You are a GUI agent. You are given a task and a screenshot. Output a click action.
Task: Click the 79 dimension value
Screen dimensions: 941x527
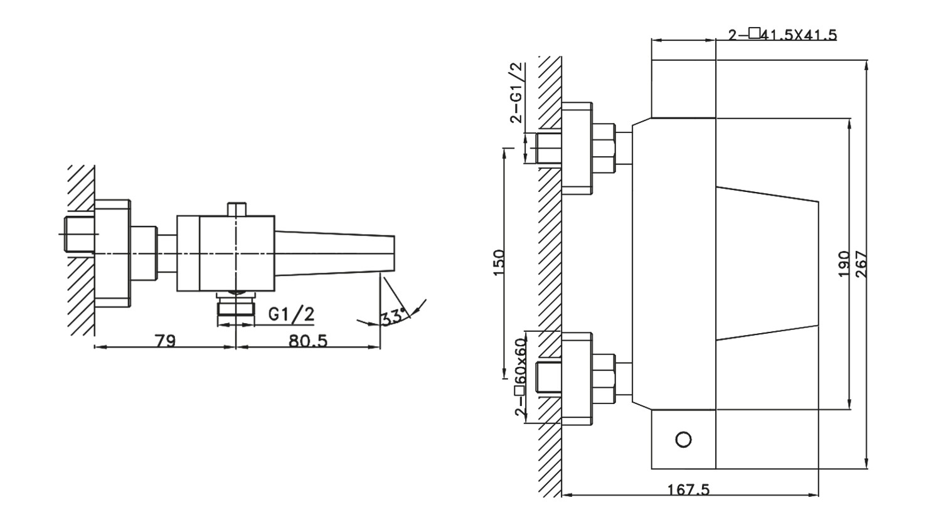coord(166,341)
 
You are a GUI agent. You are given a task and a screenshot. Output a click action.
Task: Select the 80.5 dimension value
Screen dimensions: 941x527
coord(307,341)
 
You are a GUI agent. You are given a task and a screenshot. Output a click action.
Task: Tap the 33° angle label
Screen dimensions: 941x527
coord(393,317)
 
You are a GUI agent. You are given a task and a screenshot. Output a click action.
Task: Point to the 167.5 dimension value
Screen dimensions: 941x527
coord(688,489)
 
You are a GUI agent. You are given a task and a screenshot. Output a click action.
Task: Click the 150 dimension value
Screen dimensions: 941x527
coord(499,263)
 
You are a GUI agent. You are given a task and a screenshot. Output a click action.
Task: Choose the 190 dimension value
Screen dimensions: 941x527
coord(844,264)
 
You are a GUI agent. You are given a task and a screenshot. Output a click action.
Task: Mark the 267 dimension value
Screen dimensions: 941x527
coord(860,264)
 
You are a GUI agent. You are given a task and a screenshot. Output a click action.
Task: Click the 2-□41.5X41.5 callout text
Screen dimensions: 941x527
coord(782,34)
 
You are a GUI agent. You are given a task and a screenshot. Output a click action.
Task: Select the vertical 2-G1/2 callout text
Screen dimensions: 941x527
coord(517,92)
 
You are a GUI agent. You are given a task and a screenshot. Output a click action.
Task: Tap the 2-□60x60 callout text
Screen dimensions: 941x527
coord(520,376)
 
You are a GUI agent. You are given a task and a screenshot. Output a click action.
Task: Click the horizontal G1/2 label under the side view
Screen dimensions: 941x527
coord(291,314)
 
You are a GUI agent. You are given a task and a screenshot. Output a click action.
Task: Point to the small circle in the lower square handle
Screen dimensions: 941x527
coord(684,440)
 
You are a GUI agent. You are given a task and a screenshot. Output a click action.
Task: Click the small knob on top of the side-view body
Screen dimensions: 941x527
coord(237,210)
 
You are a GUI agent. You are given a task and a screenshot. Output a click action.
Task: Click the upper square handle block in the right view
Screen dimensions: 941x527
coord(684,88)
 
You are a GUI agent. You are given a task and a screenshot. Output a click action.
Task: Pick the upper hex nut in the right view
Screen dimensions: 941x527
coord(603,148)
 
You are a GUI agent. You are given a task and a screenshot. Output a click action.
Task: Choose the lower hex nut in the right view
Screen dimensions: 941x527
coord(603,379)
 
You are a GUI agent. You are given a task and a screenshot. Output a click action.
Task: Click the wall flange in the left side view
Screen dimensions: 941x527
coord(112,253)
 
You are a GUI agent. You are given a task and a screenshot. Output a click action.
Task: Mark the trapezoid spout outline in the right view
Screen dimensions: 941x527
coord(767,263)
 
